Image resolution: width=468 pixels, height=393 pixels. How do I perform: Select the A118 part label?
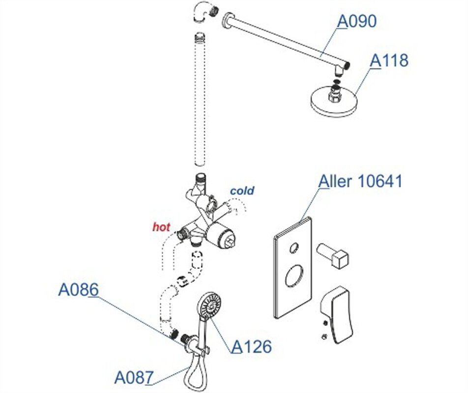click(x=389, y=61)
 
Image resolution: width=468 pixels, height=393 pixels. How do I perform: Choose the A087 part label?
click(x=134, y=377)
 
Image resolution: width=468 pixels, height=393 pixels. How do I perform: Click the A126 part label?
click(x=252, y=347)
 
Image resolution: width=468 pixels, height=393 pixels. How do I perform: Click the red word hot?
click(x=161, y=227)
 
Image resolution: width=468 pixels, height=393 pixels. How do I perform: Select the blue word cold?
click(x=242, y=191)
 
